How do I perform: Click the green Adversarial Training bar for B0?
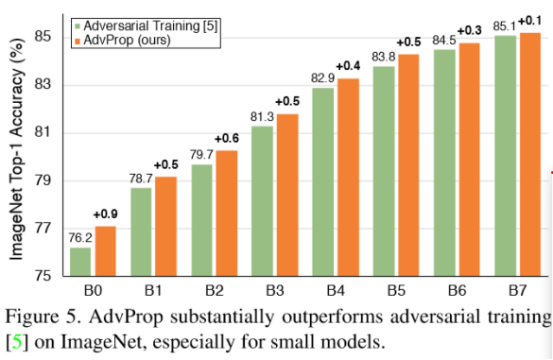coord(80,262)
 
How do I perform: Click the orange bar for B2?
coord(226,213)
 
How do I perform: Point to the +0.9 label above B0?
coord(105,214)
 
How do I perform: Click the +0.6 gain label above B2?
coord(227,139)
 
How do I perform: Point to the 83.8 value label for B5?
coord(383,57)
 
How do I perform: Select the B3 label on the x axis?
coord(273,289)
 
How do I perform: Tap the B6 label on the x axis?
coord(456,289)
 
